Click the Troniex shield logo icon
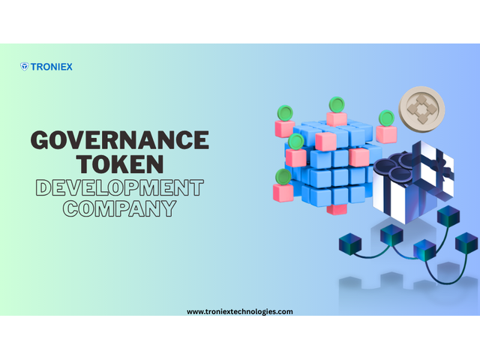point(25,67)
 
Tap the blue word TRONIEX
point(52,67)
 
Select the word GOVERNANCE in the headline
point(120,140)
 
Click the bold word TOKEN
point(120,163)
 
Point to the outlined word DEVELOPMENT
point(120,187)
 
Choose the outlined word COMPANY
point(120,208)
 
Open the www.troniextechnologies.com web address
point(240,312)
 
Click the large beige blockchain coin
point(421,109)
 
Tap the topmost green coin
point(337,104)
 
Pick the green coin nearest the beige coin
point(387,118)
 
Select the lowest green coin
point(283,177)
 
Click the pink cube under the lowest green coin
point(283,193)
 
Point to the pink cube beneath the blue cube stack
point(337,210)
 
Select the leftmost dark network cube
point(350,244)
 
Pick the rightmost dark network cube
point(466,242)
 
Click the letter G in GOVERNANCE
point(40,140)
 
